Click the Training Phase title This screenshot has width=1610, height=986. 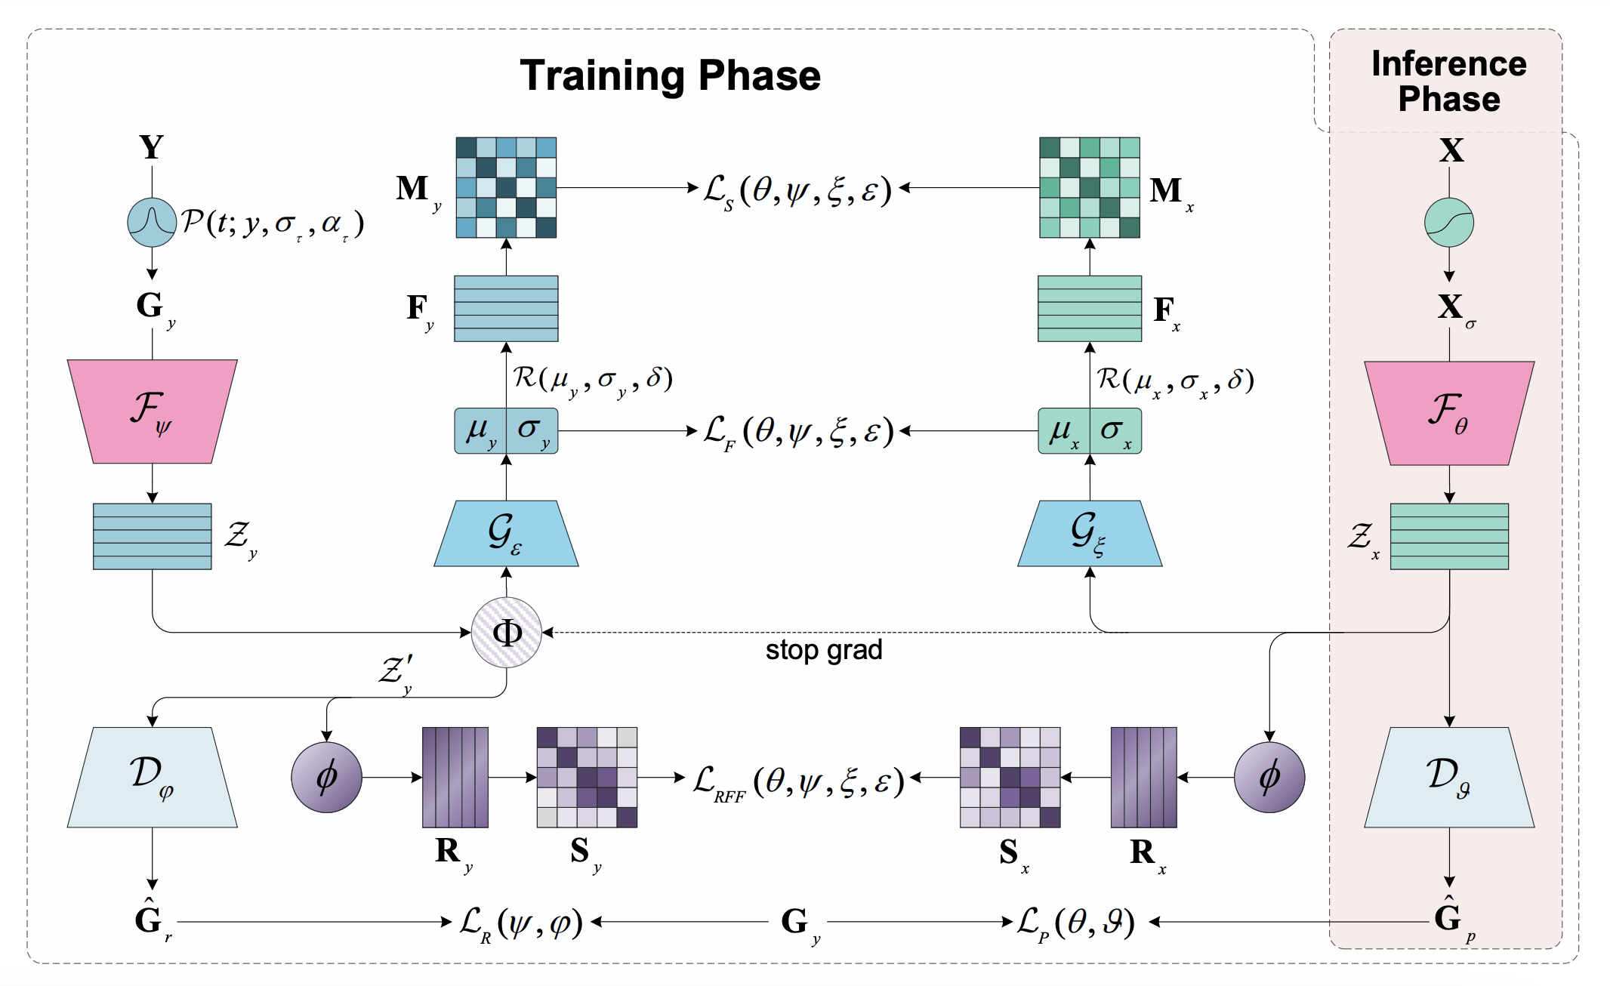click(670, 75)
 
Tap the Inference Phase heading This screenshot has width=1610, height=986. click(1448, 82)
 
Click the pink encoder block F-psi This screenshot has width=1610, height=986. click(152, 411)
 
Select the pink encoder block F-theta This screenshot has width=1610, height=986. click(1448, 413)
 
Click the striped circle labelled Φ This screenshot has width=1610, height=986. click(506, 633)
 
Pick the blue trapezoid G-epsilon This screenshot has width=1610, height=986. click(506, 534)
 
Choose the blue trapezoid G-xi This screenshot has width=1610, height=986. click(1089, 534)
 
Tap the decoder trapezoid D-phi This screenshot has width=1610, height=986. click(152, 778)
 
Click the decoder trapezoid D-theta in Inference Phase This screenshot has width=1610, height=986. click(1448, 778)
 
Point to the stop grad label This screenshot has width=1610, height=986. click(823, 650)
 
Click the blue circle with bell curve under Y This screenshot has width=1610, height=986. click(152, 223)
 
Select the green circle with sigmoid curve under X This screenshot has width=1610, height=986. click(1448, 223)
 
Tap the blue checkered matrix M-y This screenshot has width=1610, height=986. click(506, 187)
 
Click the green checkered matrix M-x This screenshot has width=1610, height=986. click(1089, 187)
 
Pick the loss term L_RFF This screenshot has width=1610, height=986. click(798, 782)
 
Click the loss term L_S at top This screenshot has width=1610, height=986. click(797, 190)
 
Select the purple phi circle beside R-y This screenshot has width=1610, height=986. click(326, 778)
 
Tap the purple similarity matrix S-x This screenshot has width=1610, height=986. click(1010, 778)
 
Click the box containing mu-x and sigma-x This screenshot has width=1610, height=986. click(1089, 431)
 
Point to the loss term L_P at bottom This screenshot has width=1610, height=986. click(1075, 923)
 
